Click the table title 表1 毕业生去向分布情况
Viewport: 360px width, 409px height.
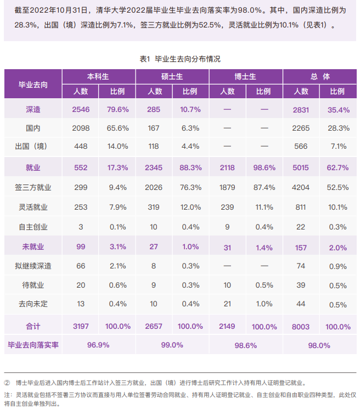[x=180, y=59]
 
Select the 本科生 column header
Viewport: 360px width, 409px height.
[x=99, y=77]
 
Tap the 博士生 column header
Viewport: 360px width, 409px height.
[x=245, y=77]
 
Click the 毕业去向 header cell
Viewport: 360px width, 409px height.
[x=33, y=84]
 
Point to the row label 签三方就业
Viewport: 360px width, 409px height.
[x=33, y=187]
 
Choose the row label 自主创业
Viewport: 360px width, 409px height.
[x=33, y=227]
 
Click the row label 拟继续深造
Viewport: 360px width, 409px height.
[x=33, y=266]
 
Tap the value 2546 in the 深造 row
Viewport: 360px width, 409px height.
[x=81, y=110]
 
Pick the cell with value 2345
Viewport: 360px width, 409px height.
[x=154, y=167]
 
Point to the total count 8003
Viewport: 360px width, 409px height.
[x=301, y=326]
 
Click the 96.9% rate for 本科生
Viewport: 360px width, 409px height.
[x=99, y=345]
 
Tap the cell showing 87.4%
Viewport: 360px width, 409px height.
[x=265, y=187]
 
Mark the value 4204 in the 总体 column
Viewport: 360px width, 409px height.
[x=301, y=187]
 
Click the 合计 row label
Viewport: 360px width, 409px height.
[x=33, y=326]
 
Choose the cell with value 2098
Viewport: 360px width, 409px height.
[x=81, y=128]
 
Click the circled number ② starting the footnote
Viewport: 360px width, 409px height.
[x=7, y=383]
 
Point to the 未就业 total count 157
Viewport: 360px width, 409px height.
[x=301, y=247]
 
